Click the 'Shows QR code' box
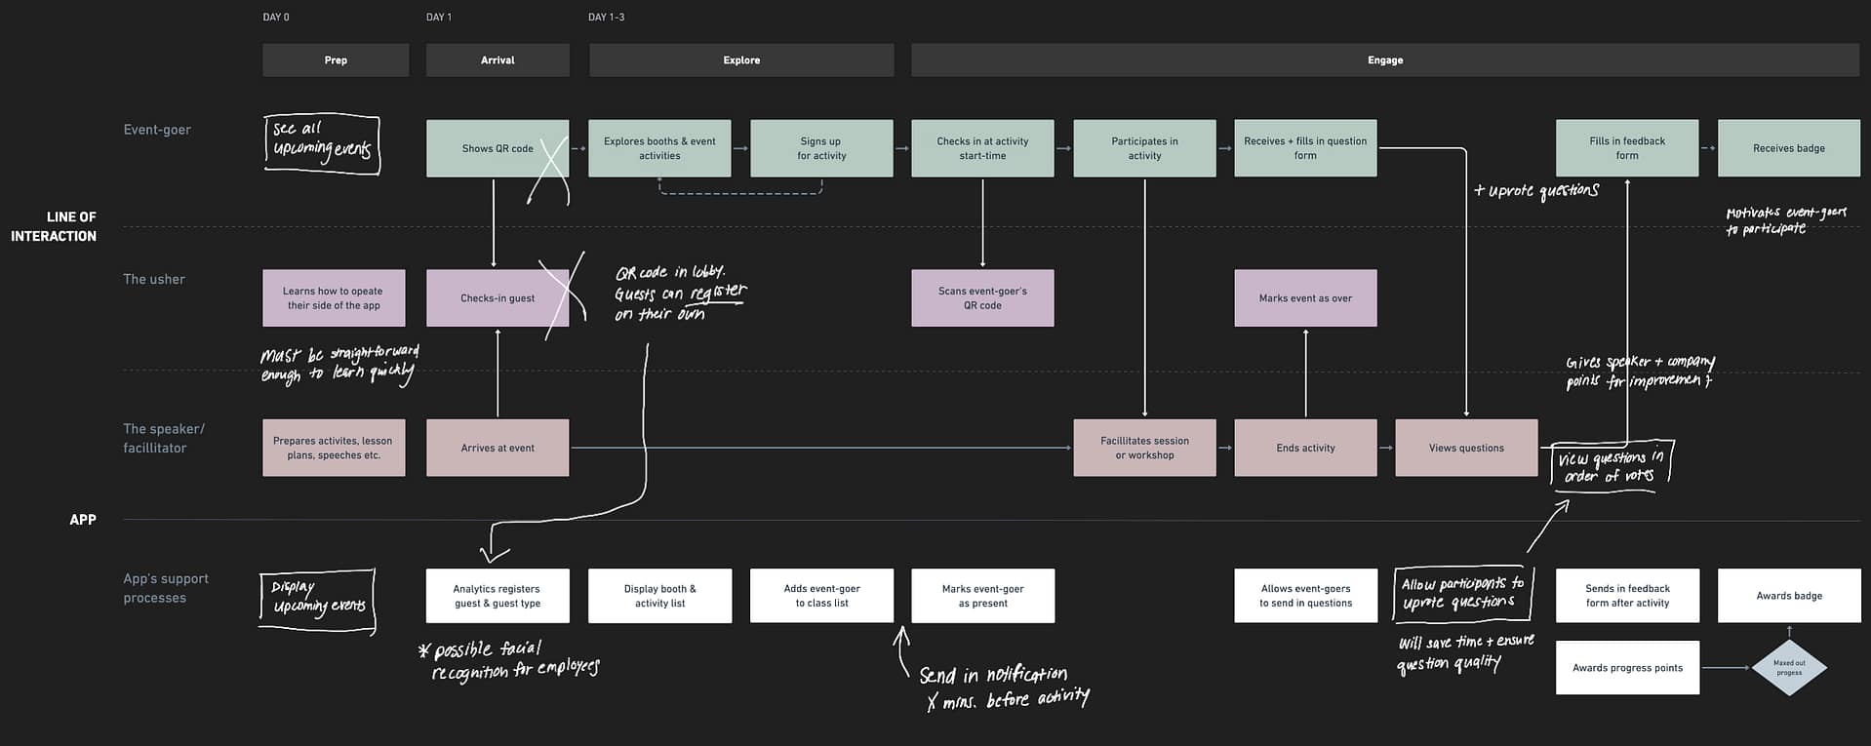(x=498, y=148)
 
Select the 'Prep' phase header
(x=336, y=59)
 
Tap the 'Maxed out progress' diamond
(x=1788, y=668)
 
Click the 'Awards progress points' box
(x=1626, y=668)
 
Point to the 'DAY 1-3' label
(x=606, y=18)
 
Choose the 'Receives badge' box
(x=1788, y=148)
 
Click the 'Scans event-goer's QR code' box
(x=982, y=297)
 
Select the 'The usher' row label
(x=154, y=279)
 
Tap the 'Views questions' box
(x=1465, y=448)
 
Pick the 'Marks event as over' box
(x=1304, y=297)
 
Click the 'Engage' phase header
(x=1384, y=59)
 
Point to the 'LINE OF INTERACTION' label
(x=54, y=226)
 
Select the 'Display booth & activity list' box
(x=659, y=596)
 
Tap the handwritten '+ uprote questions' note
(x=1536, y=191)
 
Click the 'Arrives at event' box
(x=498, y=448)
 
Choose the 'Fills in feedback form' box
(x=1626, y=148)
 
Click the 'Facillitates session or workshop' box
(x=1144, y=448)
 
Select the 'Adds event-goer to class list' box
(x=821, y=596)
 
